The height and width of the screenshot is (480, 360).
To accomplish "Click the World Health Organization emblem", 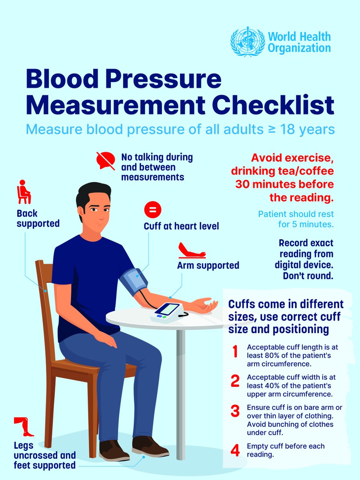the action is tap(248, 42).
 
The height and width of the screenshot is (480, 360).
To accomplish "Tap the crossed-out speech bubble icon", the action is tap(106, 161).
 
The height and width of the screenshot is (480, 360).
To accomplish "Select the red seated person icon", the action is tap(24, 192).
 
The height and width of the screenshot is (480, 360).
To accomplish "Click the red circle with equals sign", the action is tap(153, 210).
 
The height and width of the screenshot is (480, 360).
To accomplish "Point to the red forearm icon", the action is tap(192, 250).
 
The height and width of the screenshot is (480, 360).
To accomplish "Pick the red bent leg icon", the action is tap(24, 427).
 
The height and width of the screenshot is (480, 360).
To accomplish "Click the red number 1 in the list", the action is tap(235, 352).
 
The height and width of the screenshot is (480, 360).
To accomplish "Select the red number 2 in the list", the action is tap(235, 381).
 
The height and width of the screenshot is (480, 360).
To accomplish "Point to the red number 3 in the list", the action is tap(235, 411).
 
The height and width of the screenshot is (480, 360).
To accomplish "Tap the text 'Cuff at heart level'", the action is tap(181, 226).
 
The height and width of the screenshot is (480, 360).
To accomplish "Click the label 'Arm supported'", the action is tap(208, 266).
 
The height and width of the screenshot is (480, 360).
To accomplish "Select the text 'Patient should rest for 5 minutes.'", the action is tap(296, 219).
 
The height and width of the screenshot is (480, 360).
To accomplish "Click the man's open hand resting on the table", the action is tap(206, 304).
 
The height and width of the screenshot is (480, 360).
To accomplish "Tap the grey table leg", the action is tap(181, 394).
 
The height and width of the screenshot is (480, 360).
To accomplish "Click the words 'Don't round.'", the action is tap(308, 276).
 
